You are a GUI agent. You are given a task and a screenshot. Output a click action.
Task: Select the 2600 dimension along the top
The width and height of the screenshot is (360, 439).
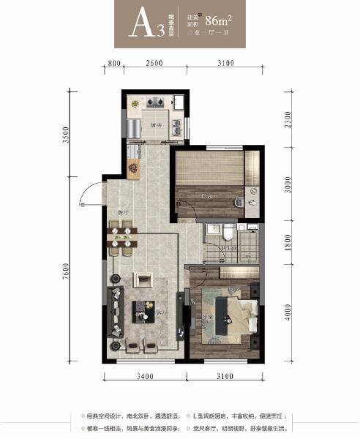point(153,64)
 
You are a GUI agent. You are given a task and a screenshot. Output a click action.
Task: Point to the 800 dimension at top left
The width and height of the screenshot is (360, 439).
point(113,64)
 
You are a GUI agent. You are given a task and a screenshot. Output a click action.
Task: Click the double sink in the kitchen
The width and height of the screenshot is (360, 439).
point(178,127)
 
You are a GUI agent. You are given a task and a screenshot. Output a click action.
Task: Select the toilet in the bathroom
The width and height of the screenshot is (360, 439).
point(229,233)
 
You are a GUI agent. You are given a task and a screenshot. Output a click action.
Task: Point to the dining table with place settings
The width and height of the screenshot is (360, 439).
point(121,239)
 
